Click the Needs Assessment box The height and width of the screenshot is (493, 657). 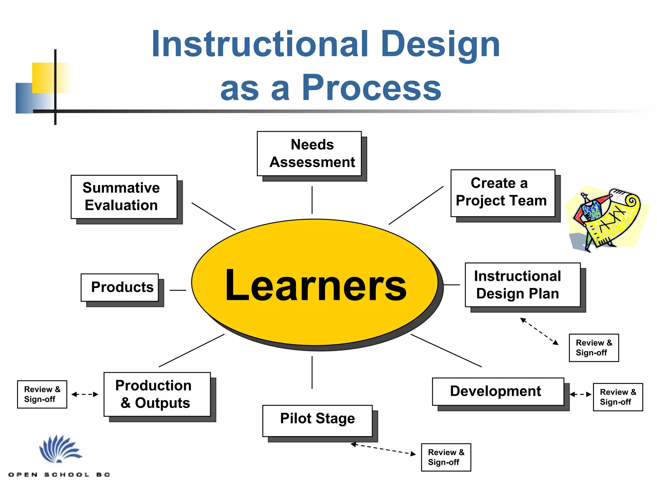[x=309, y=153]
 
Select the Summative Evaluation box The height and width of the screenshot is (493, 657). [x=124, y=197]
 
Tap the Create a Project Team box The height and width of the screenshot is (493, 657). [x=503, y=193]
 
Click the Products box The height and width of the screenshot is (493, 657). [x=120, y=287]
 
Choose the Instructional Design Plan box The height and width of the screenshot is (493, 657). [x=523, y=285]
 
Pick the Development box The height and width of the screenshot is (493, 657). [x=498, y=391]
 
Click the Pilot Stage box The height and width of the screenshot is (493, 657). [x=317, y=420]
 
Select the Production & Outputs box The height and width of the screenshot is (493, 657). [x=157, y=394]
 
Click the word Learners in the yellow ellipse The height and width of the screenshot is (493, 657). [x=316, y=285]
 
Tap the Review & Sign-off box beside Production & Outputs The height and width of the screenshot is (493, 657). [x=42, y=394]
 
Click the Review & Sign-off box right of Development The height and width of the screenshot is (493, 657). [x=618, y=397]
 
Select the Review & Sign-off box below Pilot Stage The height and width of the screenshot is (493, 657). [x=446, y=457]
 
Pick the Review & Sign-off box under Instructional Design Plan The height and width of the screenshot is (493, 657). [x=594, y=348]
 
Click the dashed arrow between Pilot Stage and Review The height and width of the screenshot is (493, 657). [x=383, y=449]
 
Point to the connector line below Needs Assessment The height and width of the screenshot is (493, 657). [x=312, y=200]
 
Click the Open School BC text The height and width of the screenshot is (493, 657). [x=59, y=474]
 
